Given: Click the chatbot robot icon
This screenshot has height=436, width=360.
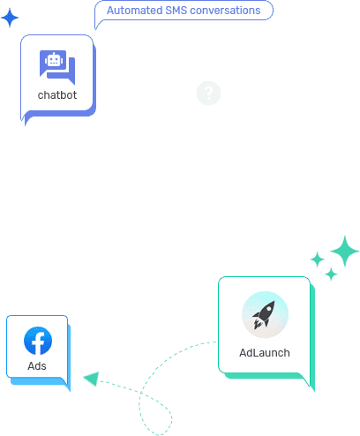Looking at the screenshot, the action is (x=57, y=67).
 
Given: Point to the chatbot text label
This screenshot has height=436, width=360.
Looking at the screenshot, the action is (x=57, y=95).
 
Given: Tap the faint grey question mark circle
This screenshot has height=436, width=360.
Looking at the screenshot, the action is (x=208, y=93).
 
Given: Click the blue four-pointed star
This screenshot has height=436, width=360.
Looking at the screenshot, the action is (x=10, y=18).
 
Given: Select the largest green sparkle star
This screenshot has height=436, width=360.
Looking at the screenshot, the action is (x=345, y=252).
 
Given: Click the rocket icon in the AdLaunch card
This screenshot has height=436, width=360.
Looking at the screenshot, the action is (x=265, y=314).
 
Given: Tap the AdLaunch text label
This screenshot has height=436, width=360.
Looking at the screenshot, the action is (x=265, y=353).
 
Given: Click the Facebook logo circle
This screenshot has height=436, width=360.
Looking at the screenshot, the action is (x=38, y=341).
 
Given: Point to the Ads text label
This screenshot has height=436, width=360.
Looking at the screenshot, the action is (x=37, y=366).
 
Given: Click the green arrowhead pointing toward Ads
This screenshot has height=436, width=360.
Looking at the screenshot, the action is (x=92, y=379).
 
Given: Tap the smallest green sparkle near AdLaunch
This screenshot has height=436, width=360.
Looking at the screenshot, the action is (x=331, y=274).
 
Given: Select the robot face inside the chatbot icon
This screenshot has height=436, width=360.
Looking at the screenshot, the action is (x=54, y=60).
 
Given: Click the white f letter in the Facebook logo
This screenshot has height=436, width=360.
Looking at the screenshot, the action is (x=38, y=342).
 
